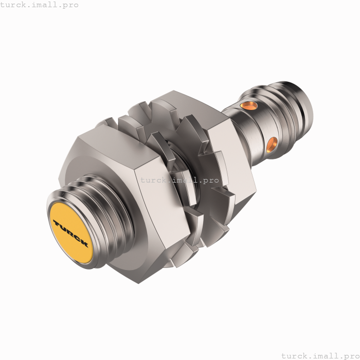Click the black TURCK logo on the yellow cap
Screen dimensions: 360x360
click(x=70, y=233)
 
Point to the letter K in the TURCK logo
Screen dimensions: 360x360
click(x=84, y=243)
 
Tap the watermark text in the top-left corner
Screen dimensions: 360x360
click(x=40, y=5)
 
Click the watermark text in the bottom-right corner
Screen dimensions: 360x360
click(x=319, y=355)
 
